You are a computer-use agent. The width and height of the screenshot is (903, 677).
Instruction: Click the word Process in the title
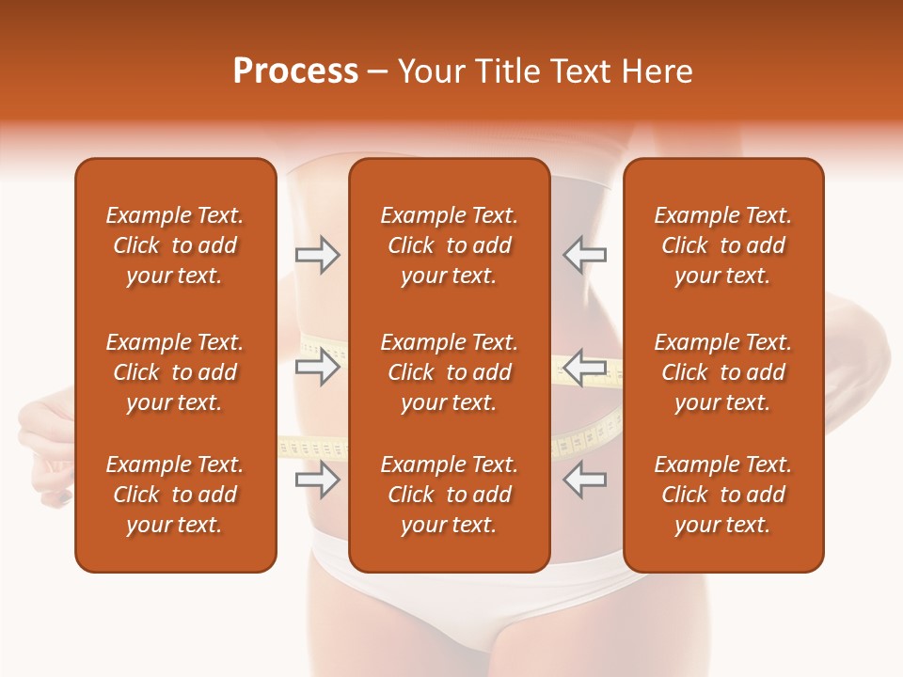coord(295,71)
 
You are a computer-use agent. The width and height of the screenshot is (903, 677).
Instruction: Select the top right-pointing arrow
coord(317,255)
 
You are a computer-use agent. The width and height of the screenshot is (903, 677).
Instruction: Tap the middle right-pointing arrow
coord(317,367)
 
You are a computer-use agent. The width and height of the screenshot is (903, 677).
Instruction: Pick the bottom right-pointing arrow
coord(317,480)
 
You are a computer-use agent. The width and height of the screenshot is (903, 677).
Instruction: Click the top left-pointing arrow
coord(584,255)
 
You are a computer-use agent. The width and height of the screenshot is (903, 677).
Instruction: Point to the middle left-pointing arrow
coord(584,367)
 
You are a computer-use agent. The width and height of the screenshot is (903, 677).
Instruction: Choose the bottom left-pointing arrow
coord(584,480)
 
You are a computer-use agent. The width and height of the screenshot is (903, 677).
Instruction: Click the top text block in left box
coord(175,245)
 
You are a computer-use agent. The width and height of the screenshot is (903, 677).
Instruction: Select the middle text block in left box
coord(175,372)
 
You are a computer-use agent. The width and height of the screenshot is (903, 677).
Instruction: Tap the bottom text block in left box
coord(175,495)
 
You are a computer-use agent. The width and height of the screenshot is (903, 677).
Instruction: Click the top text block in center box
coord(449,245)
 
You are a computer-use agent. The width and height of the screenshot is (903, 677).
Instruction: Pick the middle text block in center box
coord(449,372)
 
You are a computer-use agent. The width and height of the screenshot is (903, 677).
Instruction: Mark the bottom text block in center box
coord(449,495)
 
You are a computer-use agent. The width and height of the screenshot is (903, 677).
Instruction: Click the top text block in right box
coord(722,245)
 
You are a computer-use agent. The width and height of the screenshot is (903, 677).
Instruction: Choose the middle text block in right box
coord(722,372)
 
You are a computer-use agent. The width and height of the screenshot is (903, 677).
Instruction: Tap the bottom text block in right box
coord(722,495)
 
